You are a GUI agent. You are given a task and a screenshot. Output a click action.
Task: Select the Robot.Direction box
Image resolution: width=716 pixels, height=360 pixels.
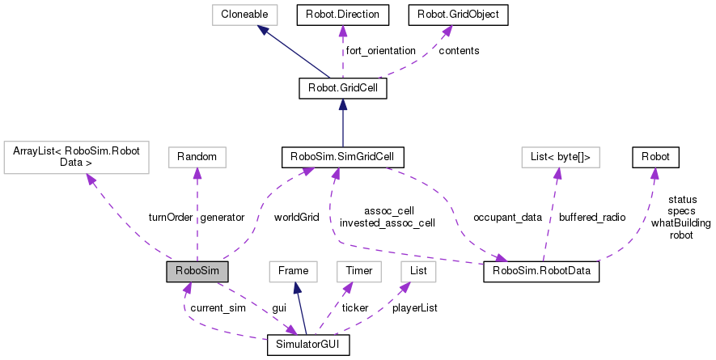tap(342, 14)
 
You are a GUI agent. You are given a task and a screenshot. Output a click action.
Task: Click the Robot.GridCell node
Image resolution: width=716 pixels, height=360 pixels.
tap(342, 87)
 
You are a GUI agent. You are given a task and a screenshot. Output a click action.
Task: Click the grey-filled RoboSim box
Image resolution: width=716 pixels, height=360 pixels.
tap(197, 271)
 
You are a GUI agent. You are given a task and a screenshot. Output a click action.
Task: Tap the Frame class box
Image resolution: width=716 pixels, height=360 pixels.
tap(291, 271)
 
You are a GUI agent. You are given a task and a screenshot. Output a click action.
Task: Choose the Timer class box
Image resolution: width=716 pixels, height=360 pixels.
tap(358, 271)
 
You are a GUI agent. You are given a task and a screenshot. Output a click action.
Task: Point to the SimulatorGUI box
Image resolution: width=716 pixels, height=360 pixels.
tap(308, 345)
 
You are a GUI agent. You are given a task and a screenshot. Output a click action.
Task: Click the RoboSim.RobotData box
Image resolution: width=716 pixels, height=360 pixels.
tap(540, 271)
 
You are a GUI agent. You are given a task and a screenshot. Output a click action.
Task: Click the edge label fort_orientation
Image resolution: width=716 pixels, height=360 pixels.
tap(380, 51)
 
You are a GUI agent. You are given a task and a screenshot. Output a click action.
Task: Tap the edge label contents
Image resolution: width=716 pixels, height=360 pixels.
tap(459, 51)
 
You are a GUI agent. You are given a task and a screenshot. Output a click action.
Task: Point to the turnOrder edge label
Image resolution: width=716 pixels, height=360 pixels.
tap(168, 217)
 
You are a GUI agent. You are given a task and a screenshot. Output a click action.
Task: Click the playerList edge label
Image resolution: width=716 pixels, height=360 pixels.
tap(414, 308)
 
